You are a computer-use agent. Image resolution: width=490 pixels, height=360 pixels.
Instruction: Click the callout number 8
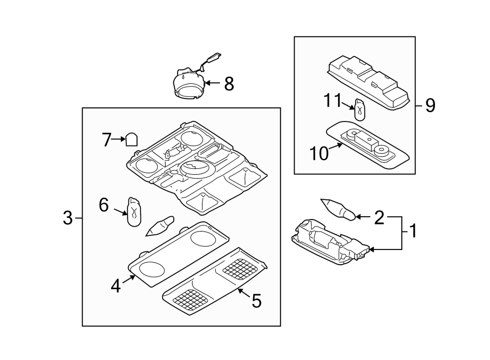[x=229, y=84]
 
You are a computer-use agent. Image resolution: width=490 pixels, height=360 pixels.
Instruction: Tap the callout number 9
[x=430, y=105]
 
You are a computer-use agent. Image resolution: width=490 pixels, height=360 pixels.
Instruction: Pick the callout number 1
[x=413, y=231]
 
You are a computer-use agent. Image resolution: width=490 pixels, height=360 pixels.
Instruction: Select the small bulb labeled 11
[x=359, y=111]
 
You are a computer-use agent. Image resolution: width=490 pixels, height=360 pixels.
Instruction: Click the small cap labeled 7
[x=131, y=140]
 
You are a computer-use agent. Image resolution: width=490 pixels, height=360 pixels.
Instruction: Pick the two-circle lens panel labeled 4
[x=179, y=253]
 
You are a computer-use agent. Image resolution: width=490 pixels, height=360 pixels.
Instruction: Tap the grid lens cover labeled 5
[x=217, y=282]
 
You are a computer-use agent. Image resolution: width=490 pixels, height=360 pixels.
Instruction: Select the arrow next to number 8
[x=212, y=84]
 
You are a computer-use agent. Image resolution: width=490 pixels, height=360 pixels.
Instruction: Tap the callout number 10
[x=320, y=153]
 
